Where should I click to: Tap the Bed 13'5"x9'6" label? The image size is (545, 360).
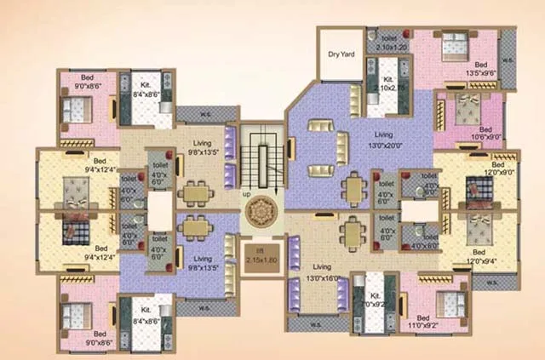coord(481,70)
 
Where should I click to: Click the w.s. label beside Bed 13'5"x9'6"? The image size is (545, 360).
coord(508,60)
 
